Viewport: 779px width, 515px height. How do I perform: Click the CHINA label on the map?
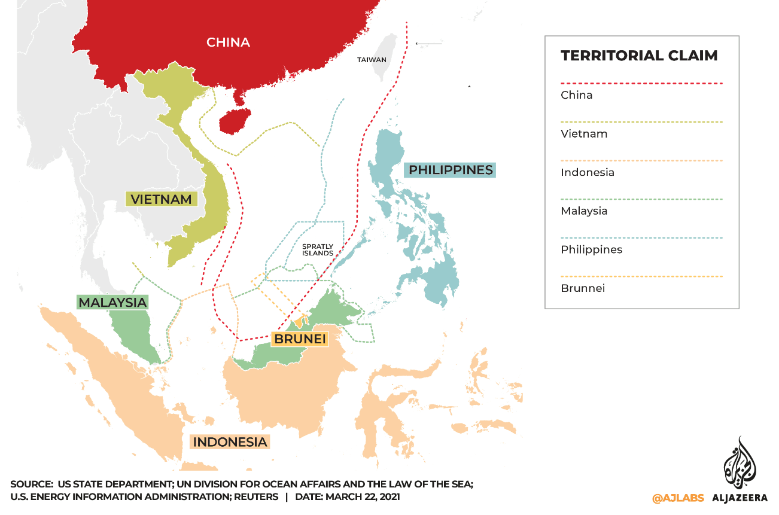pos(228,42)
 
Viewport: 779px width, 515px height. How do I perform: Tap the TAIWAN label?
pos(372,60)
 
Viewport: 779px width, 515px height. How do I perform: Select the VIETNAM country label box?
pos(162,199)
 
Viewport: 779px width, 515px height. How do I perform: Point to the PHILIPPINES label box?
pos(451,170)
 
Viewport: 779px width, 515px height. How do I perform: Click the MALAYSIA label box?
pos(112,302)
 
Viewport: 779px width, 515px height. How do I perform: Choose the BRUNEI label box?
pos(300,339)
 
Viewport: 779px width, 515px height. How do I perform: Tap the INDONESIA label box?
pos(230,442)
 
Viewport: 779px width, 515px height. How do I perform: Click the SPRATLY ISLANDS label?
pos(317,249)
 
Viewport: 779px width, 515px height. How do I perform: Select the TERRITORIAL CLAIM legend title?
pos(639,56)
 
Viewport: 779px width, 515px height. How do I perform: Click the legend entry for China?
pos(576,95)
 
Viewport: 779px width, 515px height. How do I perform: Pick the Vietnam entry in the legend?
pos(583,133)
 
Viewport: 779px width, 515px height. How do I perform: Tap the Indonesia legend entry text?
pos(587,172)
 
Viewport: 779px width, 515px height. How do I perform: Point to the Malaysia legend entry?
pos(584,211)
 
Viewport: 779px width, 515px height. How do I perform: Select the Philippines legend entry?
pos(591,249)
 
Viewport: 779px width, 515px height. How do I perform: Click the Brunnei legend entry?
pos(582,288)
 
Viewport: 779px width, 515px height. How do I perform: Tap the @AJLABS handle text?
pos(678,498)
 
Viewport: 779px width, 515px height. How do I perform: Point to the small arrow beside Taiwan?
pos(428,43)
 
